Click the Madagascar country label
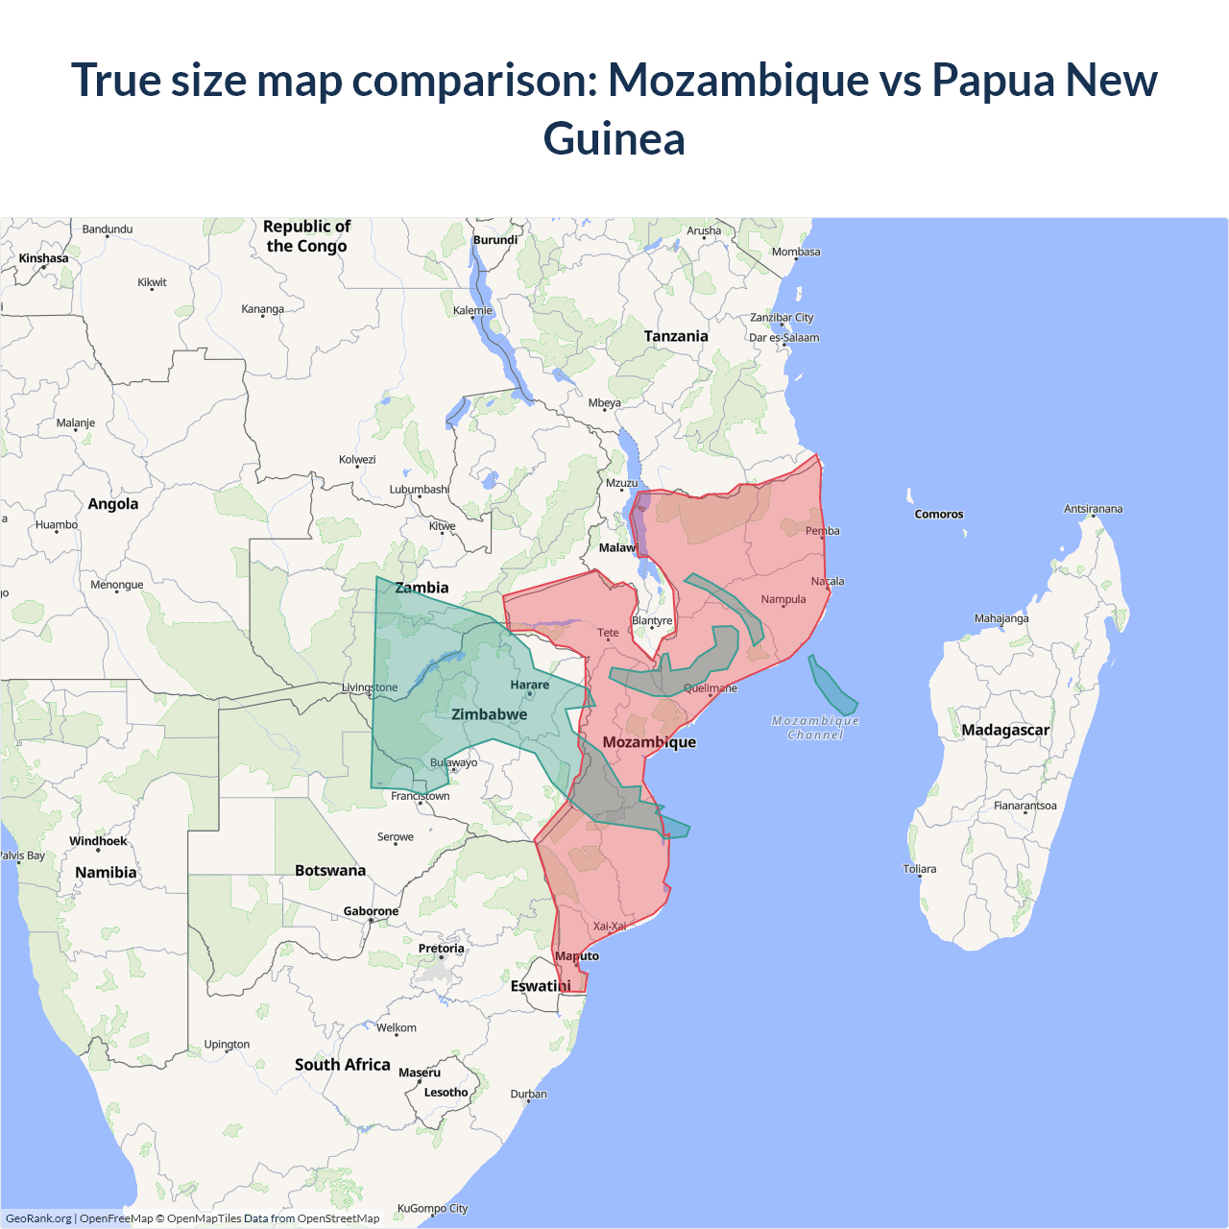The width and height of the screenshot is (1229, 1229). (1005, 730)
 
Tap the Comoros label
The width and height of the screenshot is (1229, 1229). (938, 515)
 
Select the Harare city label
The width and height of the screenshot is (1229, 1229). (529, 685)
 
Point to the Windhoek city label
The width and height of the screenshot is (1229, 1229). (98, 841)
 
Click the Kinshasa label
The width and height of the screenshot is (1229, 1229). (43, 258)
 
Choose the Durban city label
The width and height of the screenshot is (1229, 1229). (528, 1094)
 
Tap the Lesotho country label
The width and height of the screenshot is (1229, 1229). (446, 1093)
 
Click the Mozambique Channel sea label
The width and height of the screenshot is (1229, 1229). (815, 728)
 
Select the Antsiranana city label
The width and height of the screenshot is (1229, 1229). (1093, 509)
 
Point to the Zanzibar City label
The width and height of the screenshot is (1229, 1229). (782, 318)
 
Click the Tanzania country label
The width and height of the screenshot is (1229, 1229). (676, 336)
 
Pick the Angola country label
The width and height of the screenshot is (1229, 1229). (112, 504)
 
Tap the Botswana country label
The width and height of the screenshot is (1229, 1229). (330, 871)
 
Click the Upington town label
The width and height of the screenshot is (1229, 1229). (227, 1045)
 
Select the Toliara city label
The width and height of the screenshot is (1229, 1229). (919, 869)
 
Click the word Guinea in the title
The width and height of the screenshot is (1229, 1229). (614, 138)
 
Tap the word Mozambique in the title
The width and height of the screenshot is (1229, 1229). (738, 79)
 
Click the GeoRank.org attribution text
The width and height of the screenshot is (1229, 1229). (38, 1218)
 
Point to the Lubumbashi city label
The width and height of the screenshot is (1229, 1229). (420, 490)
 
